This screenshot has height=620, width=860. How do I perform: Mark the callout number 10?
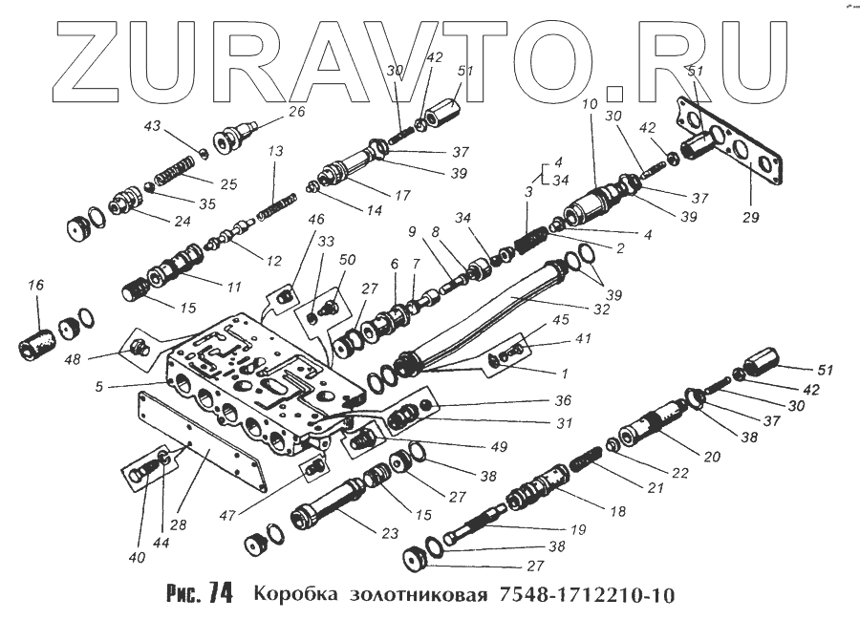pos(588,102)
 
